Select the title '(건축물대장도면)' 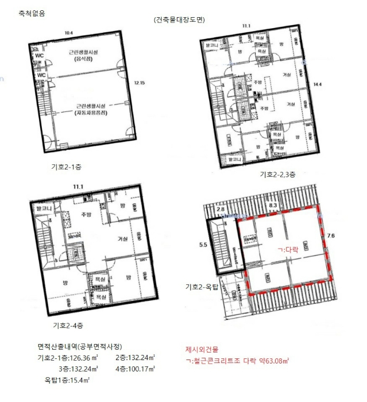coord(179,20)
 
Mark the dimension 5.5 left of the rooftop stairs coord(202,244)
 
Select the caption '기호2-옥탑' coord(205,287)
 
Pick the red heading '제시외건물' coord(202,349)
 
